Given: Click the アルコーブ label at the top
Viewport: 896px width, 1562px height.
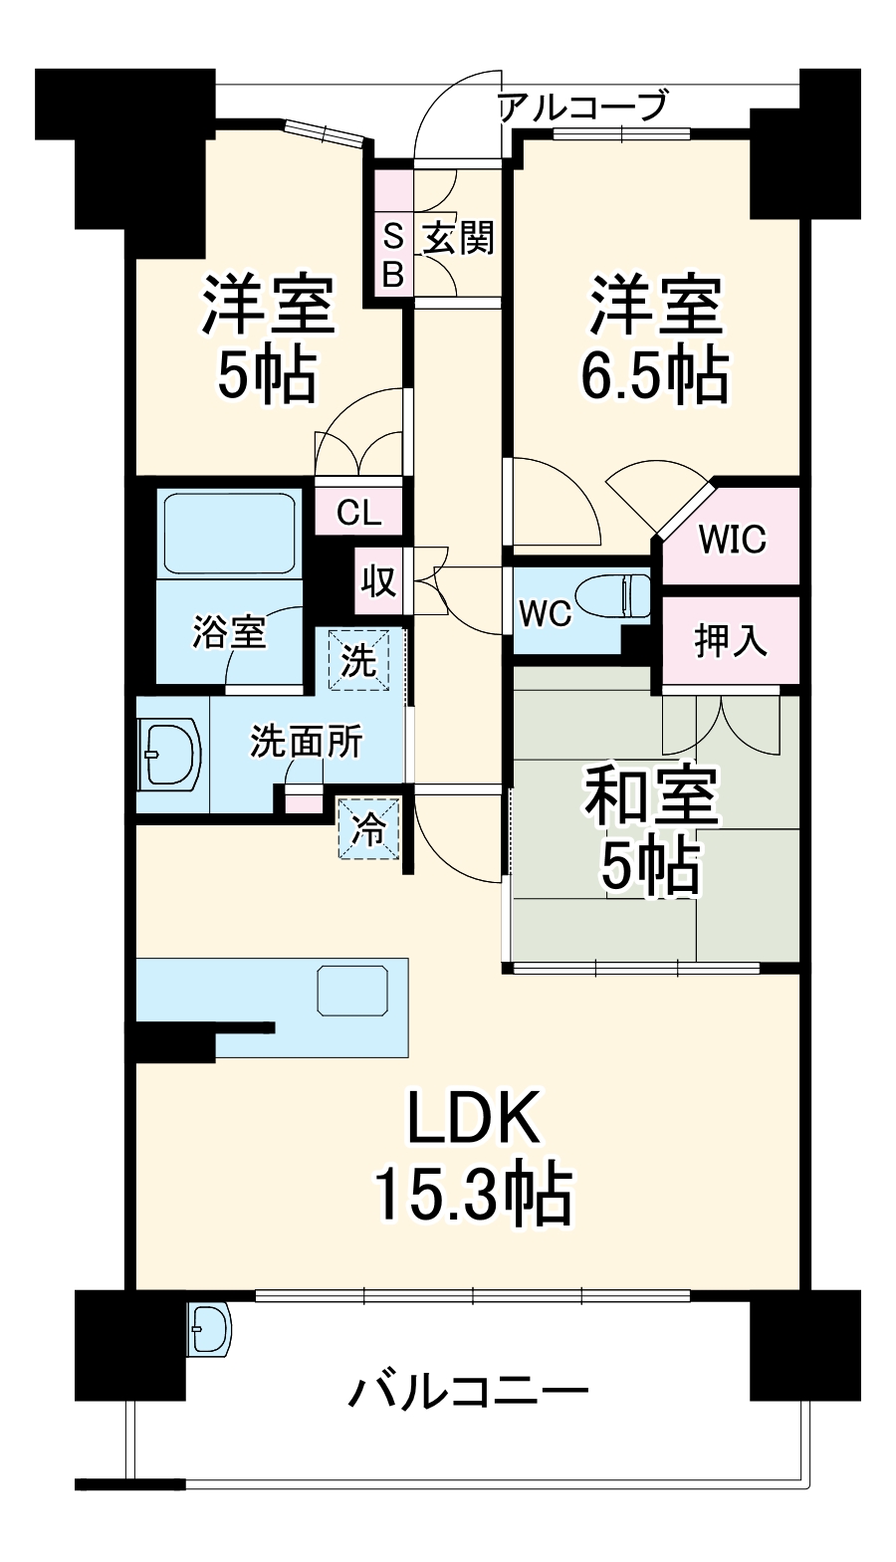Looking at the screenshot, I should (581, 106).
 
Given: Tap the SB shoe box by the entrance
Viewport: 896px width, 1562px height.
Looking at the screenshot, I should (392, 255).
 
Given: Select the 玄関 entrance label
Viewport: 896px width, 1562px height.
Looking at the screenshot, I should (457, 239).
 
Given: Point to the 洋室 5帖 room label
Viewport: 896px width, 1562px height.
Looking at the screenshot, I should (268, 338).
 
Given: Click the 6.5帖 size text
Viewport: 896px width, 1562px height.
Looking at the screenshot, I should (654, 375).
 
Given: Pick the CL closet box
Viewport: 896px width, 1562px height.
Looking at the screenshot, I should (358, 514).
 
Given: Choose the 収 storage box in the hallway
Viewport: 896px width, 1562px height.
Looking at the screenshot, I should (377, 580).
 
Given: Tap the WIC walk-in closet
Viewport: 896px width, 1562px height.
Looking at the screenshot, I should (732, 539).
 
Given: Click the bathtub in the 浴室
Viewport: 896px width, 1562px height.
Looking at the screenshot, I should (229, 533).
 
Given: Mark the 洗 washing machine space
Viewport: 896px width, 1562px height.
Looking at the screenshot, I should (359, 659).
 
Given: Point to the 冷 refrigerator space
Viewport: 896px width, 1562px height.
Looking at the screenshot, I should (369, 828).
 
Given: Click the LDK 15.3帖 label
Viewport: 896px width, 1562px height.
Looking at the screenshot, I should (472, 1155).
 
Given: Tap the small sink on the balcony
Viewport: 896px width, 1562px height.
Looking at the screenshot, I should (209, 1328).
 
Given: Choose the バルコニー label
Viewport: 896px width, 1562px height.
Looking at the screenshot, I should (468, 1391).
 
